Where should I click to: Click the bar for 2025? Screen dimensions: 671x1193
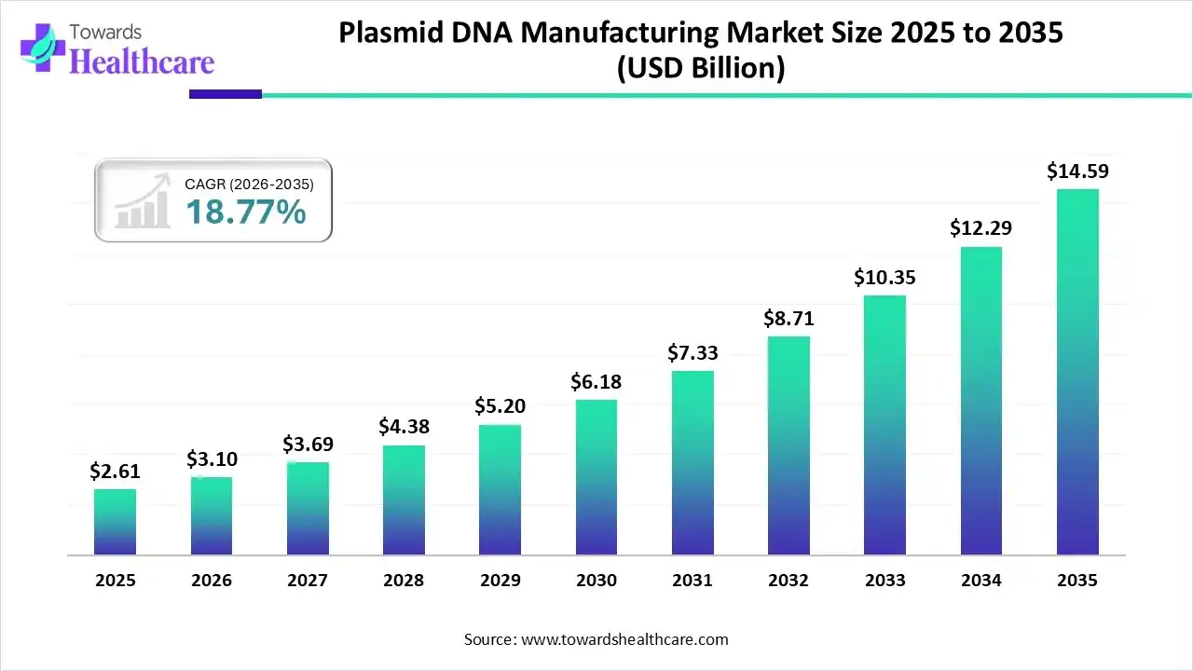pyautogui.click(x=115, y=522)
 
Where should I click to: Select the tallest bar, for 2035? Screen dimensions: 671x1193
pyautogui.click(x=1077, y=373)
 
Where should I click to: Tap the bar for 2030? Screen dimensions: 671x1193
pyautogui.click(x=596, y=477)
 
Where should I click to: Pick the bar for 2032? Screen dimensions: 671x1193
pyautogui.click(x=788, y=445)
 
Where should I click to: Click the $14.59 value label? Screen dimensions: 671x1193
pyautogui.click(x=1077, y=171)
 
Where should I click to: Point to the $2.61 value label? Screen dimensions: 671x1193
pyautogui.click(x=114, y=472)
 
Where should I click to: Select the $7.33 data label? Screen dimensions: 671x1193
pyautogui.click(x=692, y=353)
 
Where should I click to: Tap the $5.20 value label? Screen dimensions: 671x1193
pyautogui.click(x=500, y=406)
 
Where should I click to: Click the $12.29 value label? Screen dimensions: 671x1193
pyautogui.click(x=980, y=227)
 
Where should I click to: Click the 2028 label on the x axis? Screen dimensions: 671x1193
pyautogui.click(x=404, y=581)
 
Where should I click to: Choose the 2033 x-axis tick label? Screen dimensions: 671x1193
pyautogui.click(x=885, y=581)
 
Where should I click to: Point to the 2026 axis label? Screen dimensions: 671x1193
pyautogui.click(x=212, y=581)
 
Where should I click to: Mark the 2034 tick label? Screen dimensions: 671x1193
pyautogui.click(x=981, y=581)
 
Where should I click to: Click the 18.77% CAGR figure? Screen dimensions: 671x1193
pyautogui.click(x=245, y=213)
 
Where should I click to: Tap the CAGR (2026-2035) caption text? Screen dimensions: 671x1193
pyautogui.click(x=249, y=185)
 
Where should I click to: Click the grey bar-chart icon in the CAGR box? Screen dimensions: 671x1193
pyautogui.click(x=142, y=202)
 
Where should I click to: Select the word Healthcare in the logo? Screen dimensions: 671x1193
pyautogui.click(x=142, y=62)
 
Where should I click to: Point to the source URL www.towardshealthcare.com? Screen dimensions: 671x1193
pyautogui.click(x=623, y=639)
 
